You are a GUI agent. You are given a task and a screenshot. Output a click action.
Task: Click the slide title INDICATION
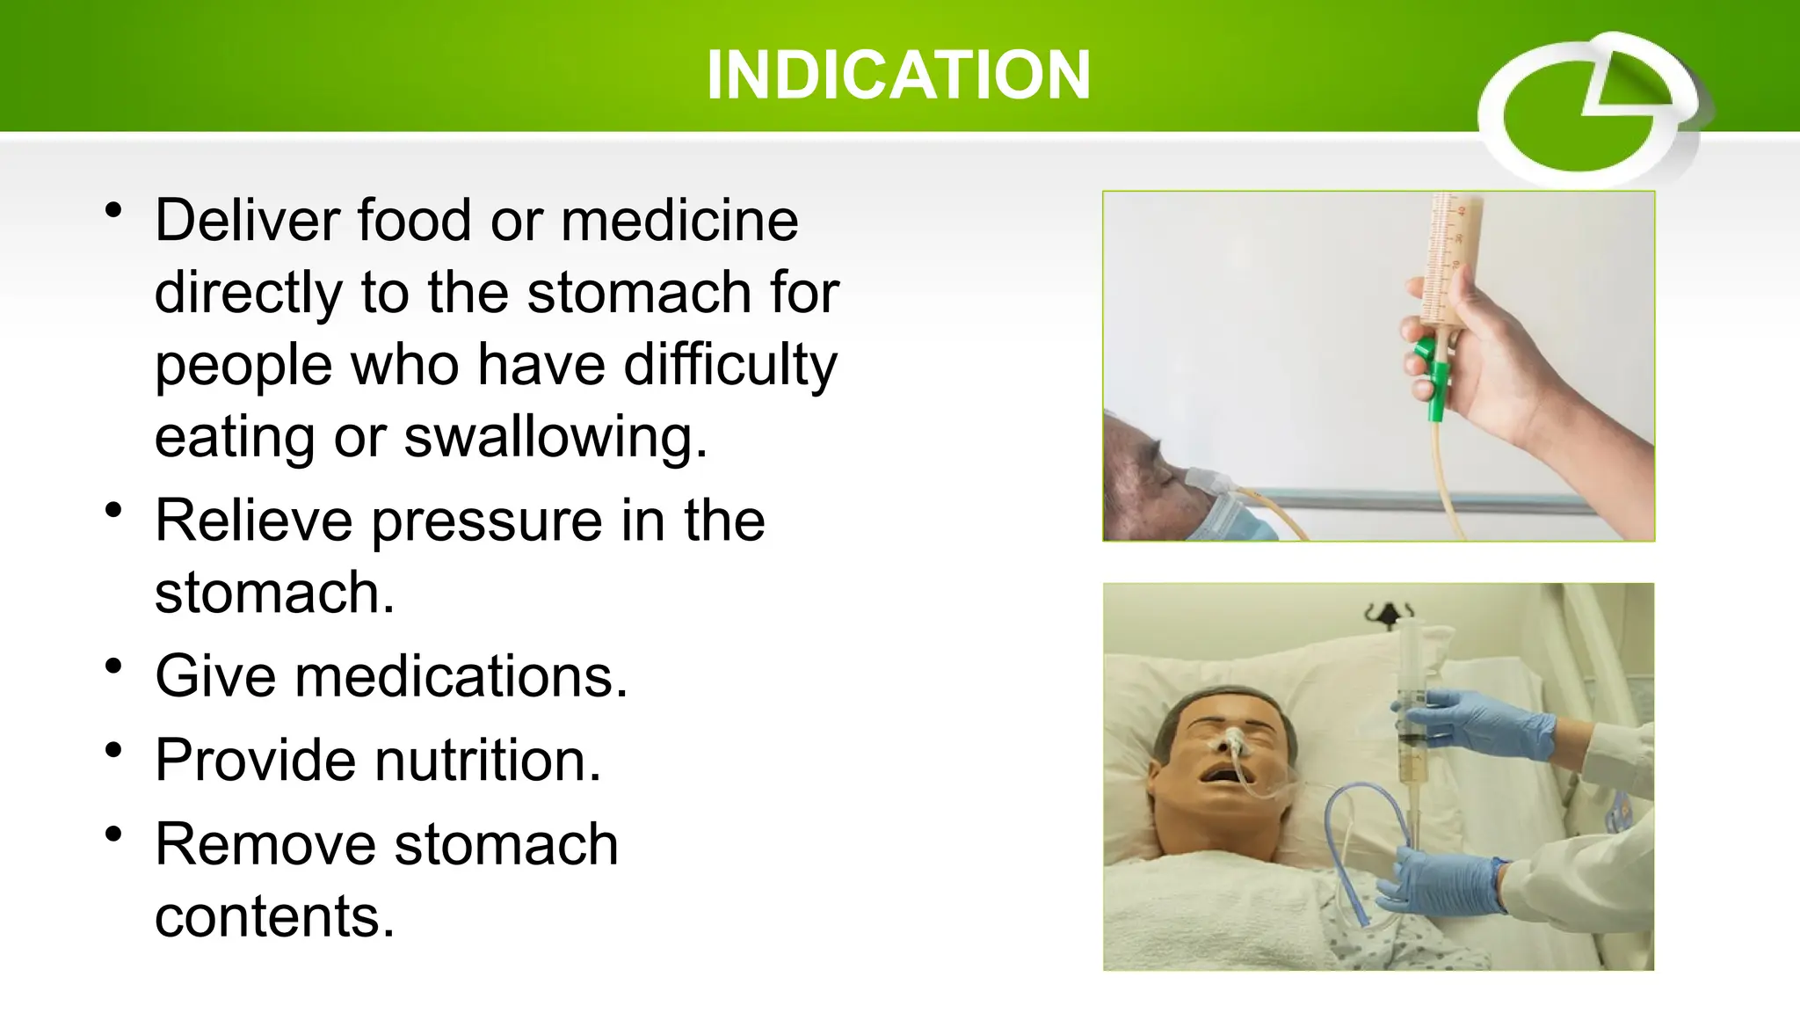(x=898, y=75)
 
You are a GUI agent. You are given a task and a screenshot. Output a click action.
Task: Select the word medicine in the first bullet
(x=679, y=220)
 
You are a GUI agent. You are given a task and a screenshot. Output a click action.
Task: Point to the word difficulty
(x=729, y=365)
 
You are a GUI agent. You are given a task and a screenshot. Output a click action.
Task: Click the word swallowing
(x=554, y=437)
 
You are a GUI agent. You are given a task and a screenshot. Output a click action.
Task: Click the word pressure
(x=487, y=522)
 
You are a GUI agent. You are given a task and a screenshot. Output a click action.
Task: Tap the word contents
(x=273, y=916)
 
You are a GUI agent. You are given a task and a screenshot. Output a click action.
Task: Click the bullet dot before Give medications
(x=112, y=667)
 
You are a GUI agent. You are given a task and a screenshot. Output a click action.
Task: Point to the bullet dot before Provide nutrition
(x=112, y=750)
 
